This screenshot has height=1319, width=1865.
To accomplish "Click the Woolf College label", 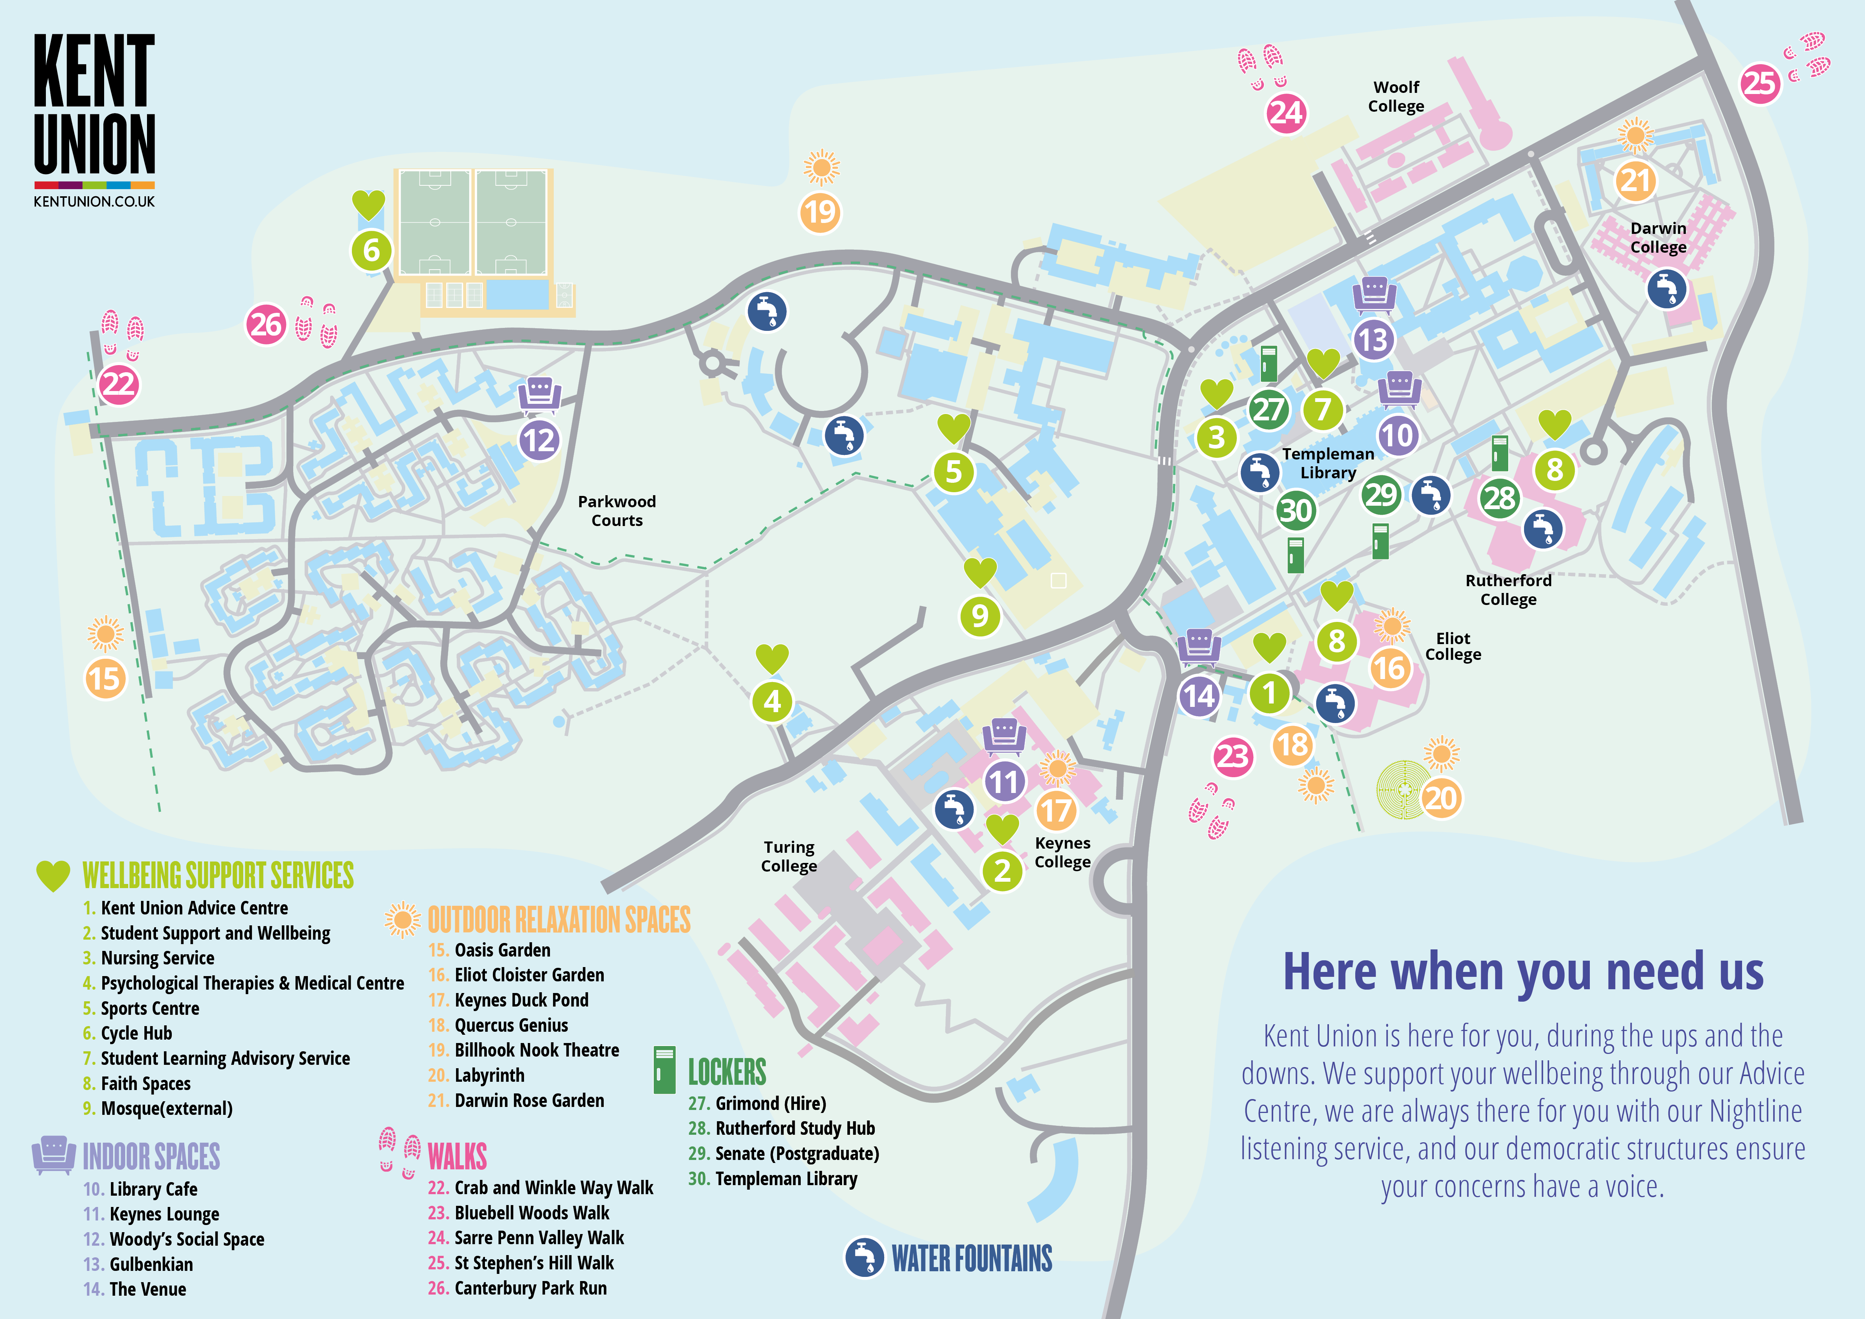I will click(x=1395, y=97).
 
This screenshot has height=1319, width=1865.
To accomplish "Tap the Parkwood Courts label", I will click(x=617, y=511).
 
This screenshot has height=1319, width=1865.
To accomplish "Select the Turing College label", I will click(x=789, y=856).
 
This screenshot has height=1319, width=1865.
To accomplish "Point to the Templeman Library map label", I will click(x=1328, y=463).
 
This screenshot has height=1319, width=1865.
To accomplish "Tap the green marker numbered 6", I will click(x=371, y=250).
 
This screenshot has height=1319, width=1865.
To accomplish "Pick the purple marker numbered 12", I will click(x=539, y=440).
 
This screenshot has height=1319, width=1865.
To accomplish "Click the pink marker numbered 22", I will click(x=118, y=384).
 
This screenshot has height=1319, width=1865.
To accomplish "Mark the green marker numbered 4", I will click(x=772, y=701).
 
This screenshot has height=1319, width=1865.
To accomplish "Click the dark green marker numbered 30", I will click(x=1295, y=510).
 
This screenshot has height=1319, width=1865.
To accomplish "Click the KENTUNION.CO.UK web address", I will click(x=94, y=202).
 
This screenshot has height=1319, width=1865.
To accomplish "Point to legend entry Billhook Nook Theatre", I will click(x=536, y=1050).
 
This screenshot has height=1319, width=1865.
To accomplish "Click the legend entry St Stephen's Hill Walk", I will click(x=534, y=1263).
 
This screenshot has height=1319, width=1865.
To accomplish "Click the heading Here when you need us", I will click(x=1523, y=971).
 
